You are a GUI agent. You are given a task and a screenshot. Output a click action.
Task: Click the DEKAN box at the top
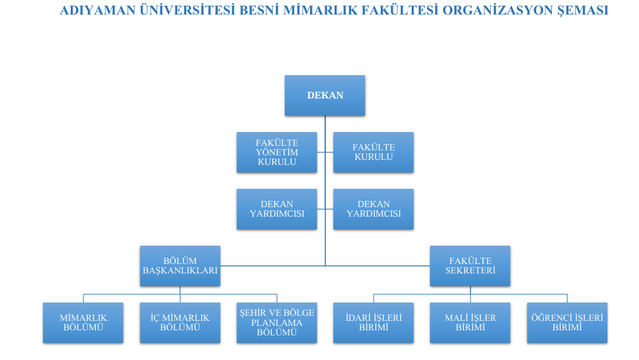point(325,95)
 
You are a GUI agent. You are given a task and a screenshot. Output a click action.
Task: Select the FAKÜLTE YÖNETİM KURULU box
point(277,152)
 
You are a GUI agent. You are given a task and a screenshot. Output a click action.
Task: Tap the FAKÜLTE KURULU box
point(373,152)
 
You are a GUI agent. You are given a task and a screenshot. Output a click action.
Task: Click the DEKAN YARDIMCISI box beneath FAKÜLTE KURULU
point(373,209)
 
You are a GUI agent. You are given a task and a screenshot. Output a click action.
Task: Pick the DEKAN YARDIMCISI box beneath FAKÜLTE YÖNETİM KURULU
point(277,209)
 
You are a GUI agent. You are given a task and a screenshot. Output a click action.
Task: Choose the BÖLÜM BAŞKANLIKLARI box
point(180,266)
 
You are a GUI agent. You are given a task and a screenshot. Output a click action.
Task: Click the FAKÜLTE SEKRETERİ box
point(470,266)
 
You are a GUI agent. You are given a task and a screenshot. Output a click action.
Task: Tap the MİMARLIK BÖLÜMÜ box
point(83,323)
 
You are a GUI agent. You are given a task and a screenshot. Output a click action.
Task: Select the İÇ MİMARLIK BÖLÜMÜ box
point(180,323)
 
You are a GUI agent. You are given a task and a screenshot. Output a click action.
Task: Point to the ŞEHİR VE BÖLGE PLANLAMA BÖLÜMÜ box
point(277,323)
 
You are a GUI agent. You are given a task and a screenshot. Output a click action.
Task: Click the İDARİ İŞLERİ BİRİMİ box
point(373,323)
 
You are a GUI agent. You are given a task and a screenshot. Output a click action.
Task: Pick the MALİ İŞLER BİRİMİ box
point(470,323)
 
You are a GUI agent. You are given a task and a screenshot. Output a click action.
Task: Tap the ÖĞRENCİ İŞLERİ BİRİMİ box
point(567,323)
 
